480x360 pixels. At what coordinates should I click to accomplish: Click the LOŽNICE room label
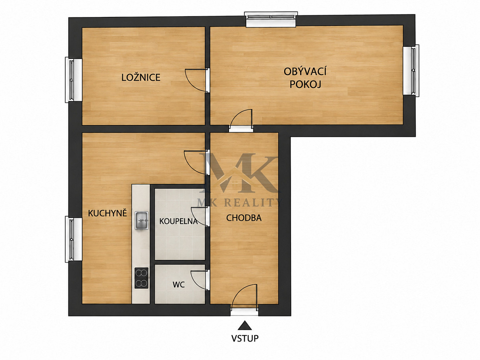coord(141,77)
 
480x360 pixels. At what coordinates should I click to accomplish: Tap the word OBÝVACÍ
coord(305,72)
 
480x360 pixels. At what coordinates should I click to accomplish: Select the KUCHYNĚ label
coord(107,213)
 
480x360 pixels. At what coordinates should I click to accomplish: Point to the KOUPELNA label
coord(179,221)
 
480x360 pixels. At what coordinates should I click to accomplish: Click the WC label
coord(179,285)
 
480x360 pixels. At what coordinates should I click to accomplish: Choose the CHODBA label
coord(244,218)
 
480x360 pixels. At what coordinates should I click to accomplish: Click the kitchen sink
coord(142,220)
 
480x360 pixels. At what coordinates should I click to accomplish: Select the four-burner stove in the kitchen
coord(141,278)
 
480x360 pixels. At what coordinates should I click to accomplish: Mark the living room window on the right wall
coord(411,71)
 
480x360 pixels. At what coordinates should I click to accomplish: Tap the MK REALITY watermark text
coord(240,203)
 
